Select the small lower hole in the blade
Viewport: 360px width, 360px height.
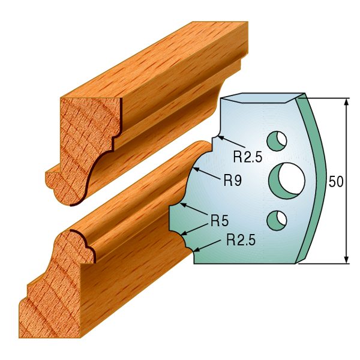click(277, 220)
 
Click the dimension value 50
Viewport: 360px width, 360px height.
click(336, 182)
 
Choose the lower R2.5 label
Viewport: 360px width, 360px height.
click(241, 241)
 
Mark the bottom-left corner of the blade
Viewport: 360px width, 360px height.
click(194, 262)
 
